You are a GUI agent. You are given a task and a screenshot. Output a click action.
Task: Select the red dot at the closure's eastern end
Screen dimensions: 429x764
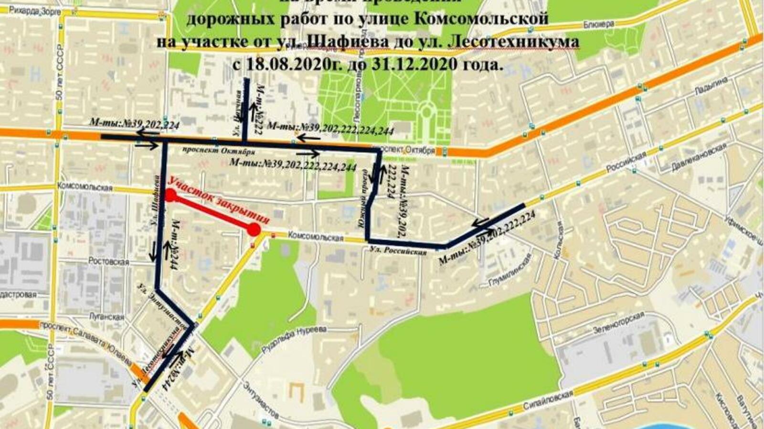coord(255,230)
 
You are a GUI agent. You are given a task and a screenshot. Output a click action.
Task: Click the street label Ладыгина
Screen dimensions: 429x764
coord(711,86)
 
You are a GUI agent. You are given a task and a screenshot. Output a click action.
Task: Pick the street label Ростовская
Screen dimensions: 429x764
coord(108,262)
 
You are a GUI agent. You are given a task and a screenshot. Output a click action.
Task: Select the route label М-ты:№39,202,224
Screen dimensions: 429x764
coord(135,123)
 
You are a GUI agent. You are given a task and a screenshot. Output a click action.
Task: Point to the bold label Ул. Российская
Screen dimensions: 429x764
coord(398,251)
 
